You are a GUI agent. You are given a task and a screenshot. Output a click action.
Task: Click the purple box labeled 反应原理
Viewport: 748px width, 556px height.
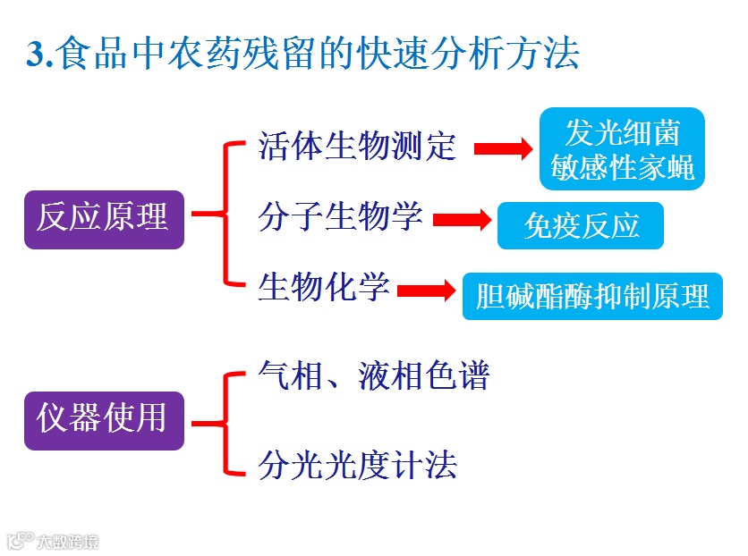[103, 218]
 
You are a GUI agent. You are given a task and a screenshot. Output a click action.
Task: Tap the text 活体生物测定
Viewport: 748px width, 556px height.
[357, 146]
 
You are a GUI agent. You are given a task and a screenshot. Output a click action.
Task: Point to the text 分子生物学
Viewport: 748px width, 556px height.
[340, 216]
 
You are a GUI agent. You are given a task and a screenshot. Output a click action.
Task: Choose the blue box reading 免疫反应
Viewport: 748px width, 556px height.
[581, 225]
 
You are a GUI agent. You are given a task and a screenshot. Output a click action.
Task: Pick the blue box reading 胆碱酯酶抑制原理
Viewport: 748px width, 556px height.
[592, 296]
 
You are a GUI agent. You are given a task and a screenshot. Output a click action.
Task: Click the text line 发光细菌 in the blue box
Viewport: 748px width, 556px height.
[622, 132]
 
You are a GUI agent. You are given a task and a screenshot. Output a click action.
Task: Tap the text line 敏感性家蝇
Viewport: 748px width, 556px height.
[622, 167]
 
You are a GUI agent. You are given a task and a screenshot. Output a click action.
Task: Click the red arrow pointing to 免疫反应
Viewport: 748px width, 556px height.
[463, 219]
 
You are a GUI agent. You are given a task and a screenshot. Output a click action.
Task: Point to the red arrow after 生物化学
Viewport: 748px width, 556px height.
[426, 291]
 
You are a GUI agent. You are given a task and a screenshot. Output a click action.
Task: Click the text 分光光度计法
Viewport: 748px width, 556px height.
[357, 465]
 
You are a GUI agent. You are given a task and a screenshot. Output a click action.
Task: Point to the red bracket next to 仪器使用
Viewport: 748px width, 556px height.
[221, 421]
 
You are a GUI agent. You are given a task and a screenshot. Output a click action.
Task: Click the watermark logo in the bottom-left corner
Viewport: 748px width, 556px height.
[18, 541]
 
